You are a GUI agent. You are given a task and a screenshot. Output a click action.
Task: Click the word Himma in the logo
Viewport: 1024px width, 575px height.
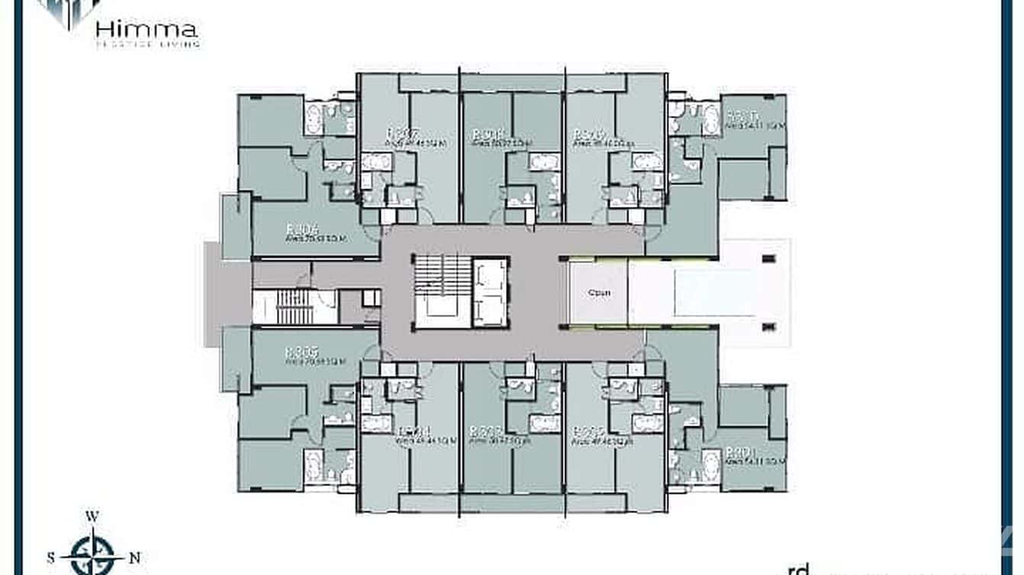point(147,30)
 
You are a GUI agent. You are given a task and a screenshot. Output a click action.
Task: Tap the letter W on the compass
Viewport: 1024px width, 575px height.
point(92,516)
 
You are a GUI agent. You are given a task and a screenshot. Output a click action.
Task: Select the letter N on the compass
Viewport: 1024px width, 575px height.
point(136,557)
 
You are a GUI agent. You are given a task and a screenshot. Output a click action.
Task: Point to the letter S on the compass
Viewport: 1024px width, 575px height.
point(51,557)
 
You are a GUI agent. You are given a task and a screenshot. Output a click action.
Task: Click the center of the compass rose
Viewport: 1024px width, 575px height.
point(92,557)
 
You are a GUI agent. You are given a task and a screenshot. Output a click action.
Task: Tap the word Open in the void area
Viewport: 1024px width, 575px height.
point(599,293)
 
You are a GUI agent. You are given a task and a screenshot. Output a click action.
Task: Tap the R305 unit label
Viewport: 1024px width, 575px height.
point(301,352)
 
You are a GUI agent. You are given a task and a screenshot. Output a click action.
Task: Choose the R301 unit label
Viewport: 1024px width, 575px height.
point(741,451)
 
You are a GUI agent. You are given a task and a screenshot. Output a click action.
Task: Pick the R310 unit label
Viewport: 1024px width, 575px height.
point(741,117)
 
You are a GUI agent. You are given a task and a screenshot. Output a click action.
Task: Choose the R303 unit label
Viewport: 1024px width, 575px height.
point(485,431)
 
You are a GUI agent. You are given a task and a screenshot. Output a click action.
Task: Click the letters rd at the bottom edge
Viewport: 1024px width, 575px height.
point(797,568)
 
